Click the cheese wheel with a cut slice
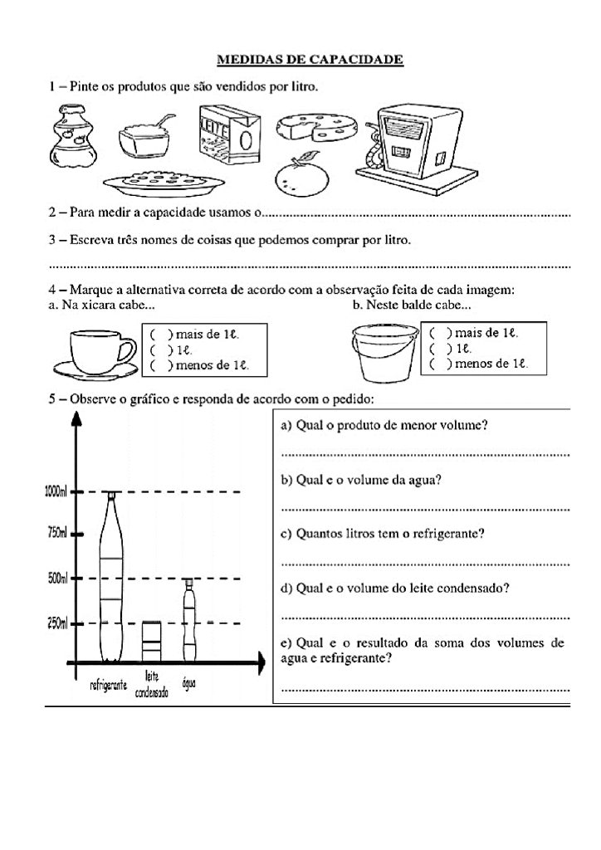tap(315, 128)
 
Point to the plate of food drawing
tap(164, 180)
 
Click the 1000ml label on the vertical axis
tap(56, 491)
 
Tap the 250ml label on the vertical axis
tap(57, 623)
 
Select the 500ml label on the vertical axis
tap(57, 578)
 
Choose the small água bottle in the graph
tap(189, 619)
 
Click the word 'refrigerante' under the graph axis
tap(109, 686)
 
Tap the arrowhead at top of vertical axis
tap(77, 418)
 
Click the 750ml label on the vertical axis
tap(57, 532)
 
